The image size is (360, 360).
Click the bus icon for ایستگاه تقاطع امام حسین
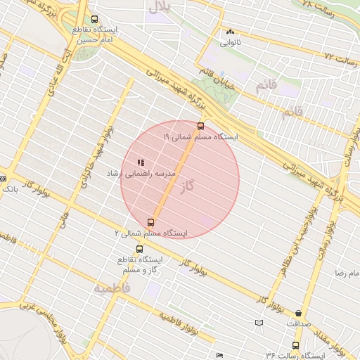coord(95,20)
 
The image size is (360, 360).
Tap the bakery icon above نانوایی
coord(230,32)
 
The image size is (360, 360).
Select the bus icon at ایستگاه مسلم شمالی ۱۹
coord(201,126)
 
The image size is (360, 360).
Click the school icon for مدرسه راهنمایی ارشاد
coord(131,162)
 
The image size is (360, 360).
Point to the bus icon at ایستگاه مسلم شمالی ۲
coord(151,222)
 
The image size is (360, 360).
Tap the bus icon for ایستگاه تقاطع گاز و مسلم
coord(139,249)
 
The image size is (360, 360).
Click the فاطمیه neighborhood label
coord(112,288)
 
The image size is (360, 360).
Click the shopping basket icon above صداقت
coord(299,314)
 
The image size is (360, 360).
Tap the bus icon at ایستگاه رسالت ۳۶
coord(295,345)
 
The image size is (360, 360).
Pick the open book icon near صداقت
coord(259,322)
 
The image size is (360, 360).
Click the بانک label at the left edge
coord(10,188)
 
